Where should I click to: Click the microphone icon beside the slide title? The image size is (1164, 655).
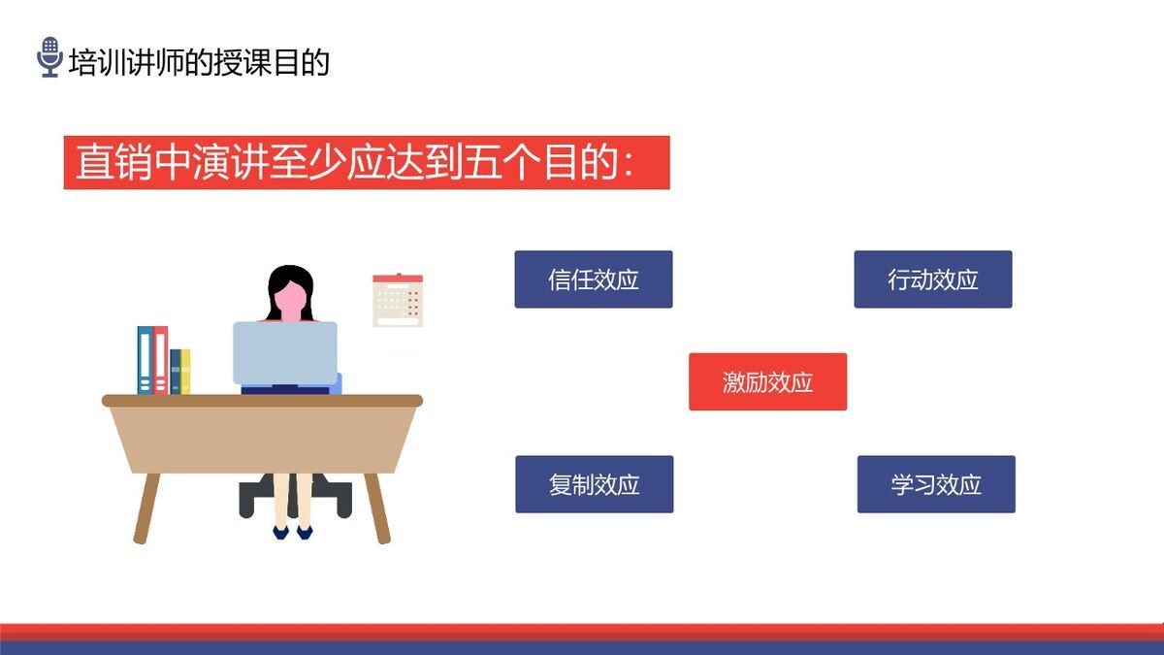pyautogui.click(x=49, y=57)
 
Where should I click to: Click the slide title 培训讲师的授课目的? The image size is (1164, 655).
pyautogui.click(x=199, y=62)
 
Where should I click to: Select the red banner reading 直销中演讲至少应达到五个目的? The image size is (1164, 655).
pyautogui.click(x=367, y=162)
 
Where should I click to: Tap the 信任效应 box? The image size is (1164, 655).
pyautogui.click(x=593, y=279)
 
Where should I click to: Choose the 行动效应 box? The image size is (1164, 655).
pyautogui.click(x=932, y=279)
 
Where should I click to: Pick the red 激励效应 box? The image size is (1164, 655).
pyautogui.click(x=767, y=381)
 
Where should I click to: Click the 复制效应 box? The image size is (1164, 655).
pyautogui.click(x=594, y=484)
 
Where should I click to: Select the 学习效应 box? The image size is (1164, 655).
pyautogui.click(x=935, y=484)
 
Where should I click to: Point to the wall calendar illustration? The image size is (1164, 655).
pyautogui.click(x=398, y=301)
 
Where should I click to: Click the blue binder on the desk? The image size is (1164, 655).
pyautogui.click(x=145, y=360)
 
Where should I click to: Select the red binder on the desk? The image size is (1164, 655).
pyautogui.click(x=160, y=360)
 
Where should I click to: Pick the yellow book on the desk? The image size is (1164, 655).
pyautogui.click(x=185, y=372)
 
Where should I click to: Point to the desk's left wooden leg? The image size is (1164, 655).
pyautogui.click(x=146, y=508)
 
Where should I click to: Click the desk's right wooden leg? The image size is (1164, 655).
pyautogui.click(x=377, y=508)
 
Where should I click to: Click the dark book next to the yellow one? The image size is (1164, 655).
pyautogui.click(x=175, y=372)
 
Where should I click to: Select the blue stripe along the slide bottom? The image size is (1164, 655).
pyautogui.click(x=582, y=647)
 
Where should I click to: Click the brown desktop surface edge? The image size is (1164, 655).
pyautogui.click(x=262, y=400)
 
